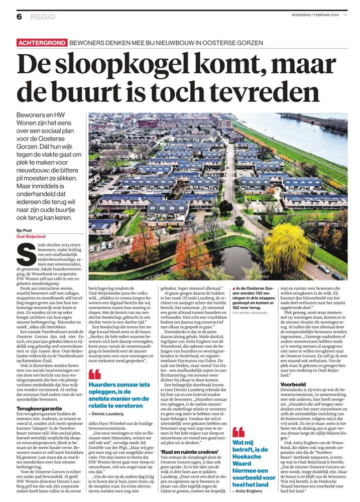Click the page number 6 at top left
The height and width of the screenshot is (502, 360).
coord(19,17)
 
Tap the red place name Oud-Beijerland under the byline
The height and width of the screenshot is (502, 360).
coord(31,235)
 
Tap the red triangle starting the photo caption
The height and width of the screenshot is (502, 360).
coord(233,287)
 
